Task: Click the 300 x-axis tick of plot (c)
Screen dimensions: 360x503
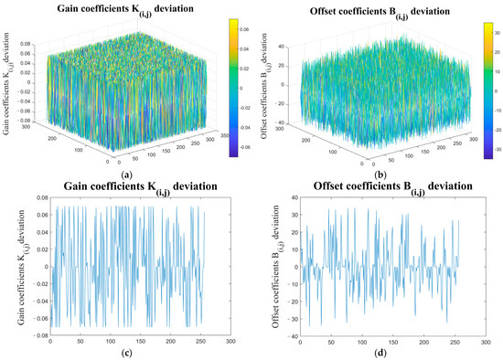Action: [241, 340]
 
